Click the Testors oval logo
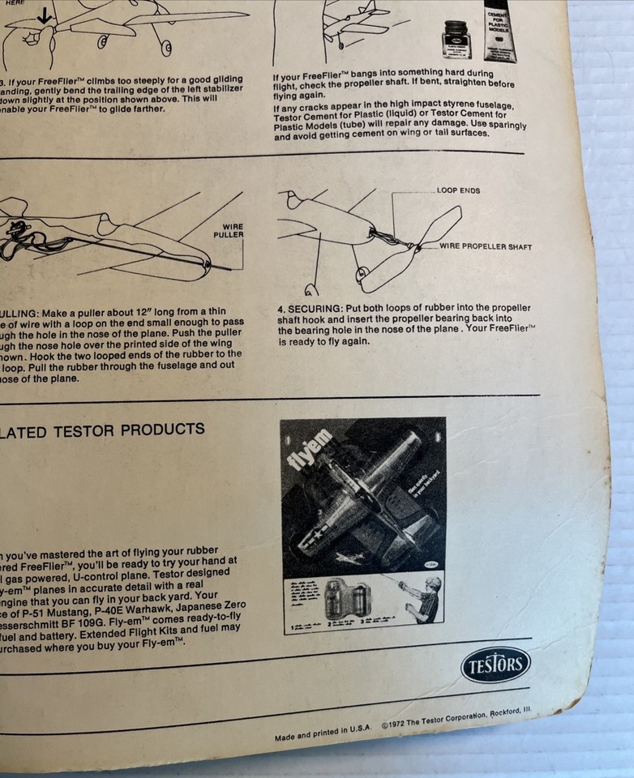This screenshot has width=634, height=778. [x=495, y=665]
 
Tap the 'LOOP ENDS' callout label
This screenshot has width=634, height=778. [x=458, y=191]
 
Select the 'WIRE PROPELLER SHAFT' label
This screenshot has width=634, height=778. [x=486, y=246]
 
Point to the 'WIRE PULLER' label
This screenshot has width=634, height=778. [x=228, y=231]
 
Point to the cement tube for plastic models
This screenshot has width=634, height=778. [x=500, y=30]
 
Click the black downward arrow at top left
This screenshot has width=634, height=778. [x=45, y=14]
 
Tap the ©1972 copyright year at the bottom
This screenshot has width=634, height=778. [x=395, y=725]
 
